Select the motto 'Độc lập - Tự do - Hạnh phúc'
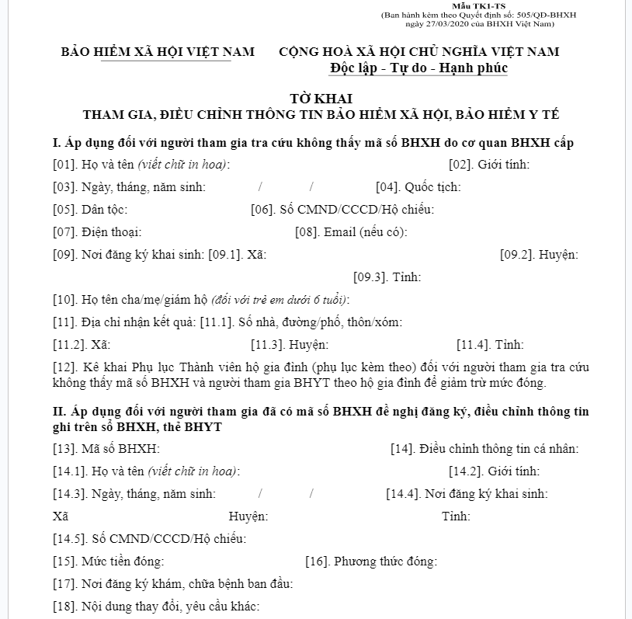(x=418, y=68)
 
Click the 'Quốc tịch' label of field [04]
(x=432, y=187)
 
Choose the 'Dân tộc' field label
(x=104, y=210)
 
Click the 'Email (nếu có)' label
(x=365, y=232)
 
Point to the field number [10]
(x=64, y=300)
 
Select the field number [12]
(x=64, y=367)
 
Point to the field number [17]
(x=64, y=584)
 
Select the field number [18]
(x=64, y=607)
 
